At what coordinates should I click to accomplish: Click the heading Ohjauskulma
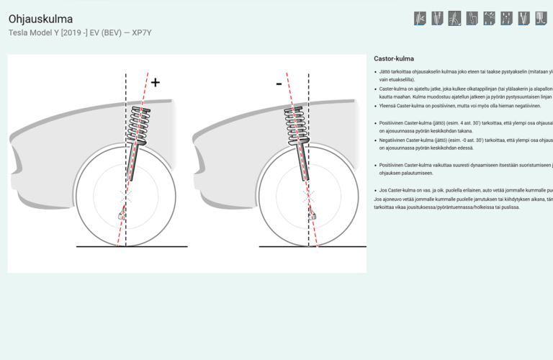(x=40, y=19)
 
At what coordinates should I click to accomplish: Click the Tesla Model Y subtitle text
(x=80, y=32)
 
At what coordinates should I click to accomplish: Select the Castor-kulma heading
(x=394, y=58)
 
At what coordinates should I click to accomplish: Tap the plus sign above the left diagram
(x=155, y=82)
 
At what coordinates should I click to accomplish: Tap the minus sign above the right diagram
(x=279, y=84)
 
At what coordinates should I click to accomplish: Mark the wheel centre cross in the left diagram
(x=125, y=194)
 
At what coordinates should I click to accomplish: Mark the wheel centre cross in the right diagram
(x=309, y=194)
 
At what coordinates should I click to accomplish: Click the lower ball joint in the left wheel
(x=121, y=215)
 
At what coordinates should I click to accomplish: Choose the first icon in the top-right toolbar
(x=420, y=18)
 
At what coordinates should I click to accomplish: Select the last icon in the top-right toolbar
(x=541, y=18)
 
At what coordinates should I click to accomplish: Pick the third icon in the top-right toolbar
(x=454, y=18)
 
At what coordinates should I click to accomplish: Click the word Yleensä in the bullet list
(x=390, y=105)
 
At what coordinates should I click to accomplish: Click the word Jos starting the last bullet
(x=383, y=190)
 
